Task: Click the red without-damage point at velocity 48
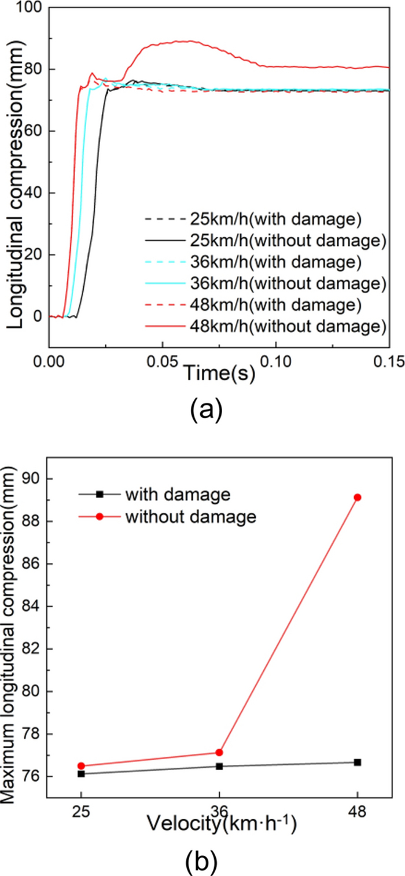pyautogui.click(x=358, y=498)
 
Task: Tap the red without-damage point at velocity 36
pyautogui.click(x=219, y=752)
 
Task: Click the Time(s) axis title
pyautogui.click(x=219, y=374)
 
